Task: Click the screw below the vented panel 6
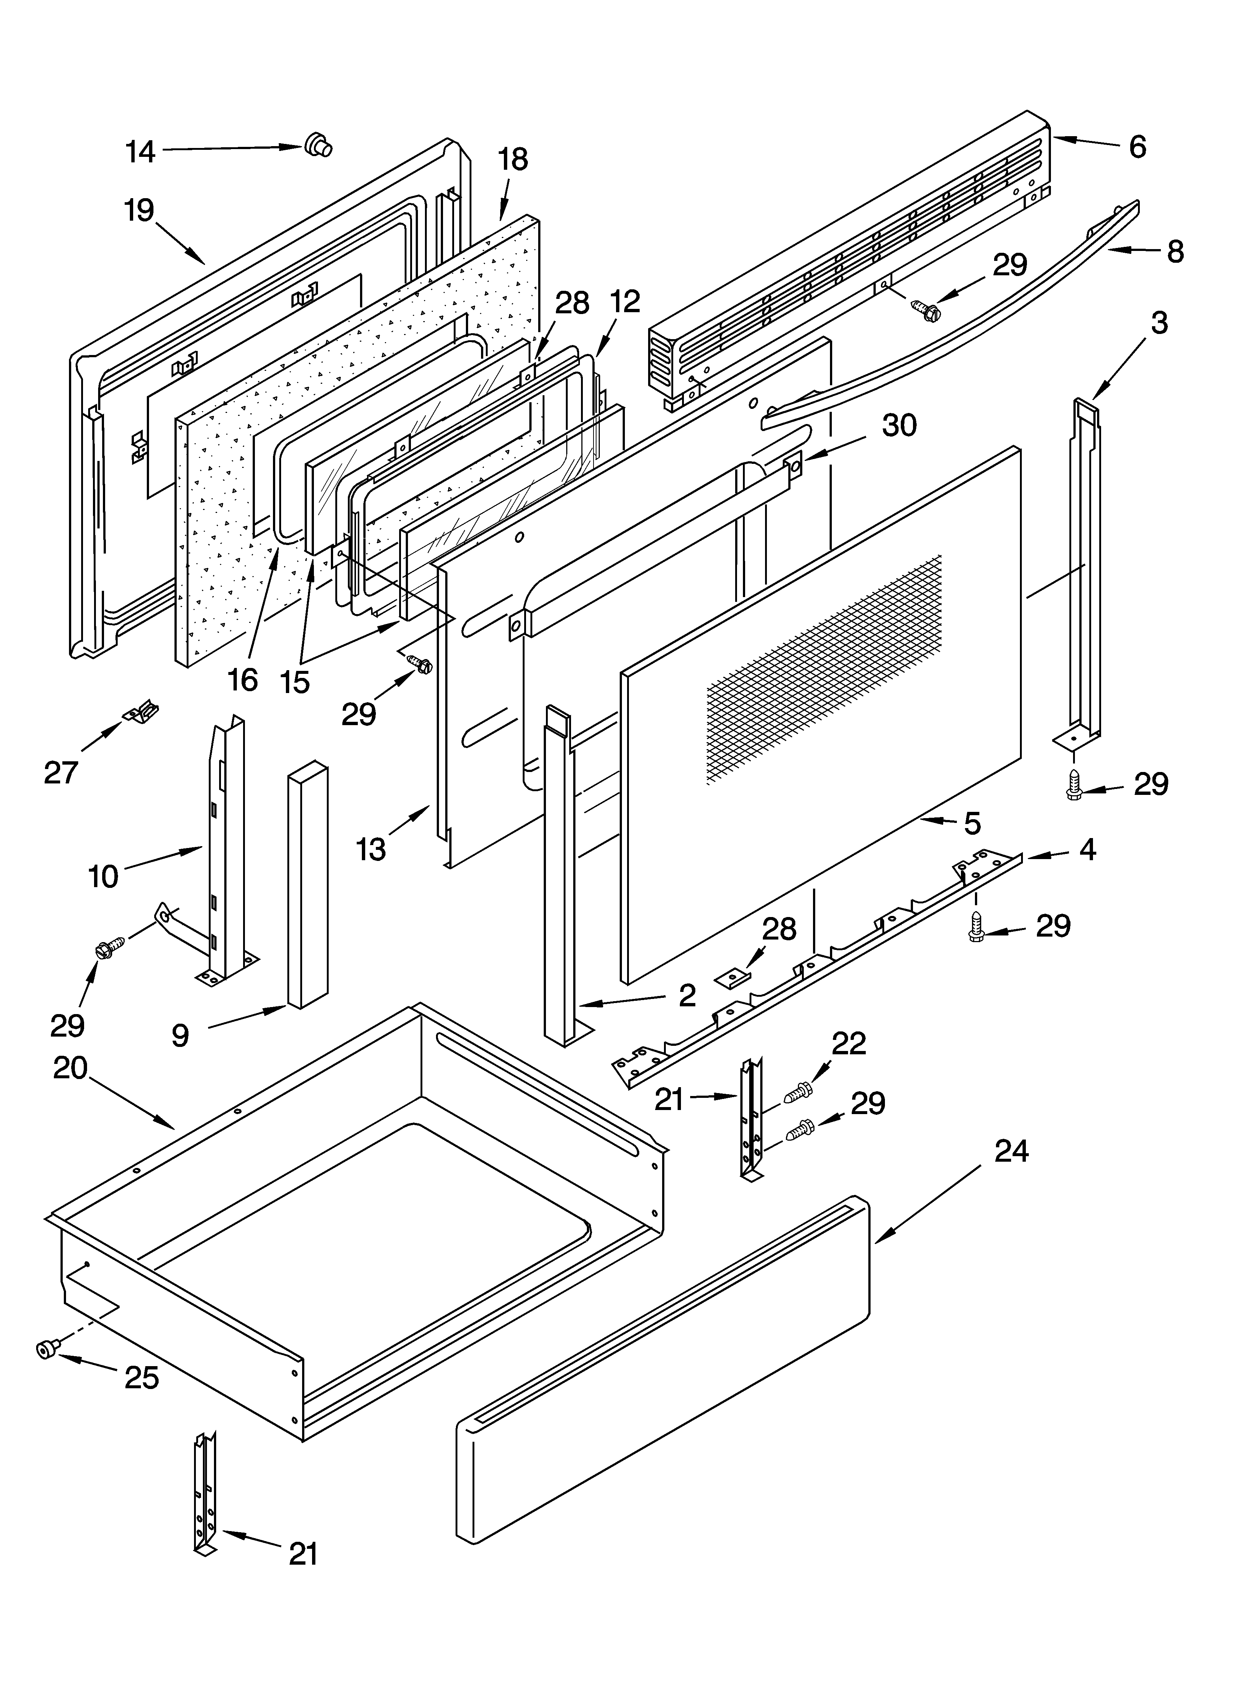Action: [923, 308]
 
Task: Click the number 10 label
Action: [103, 876]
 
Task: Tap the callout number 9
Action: [180, 1036]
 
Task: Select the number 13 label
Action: [371, 849]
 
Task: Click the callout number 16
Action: [243, 679]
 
